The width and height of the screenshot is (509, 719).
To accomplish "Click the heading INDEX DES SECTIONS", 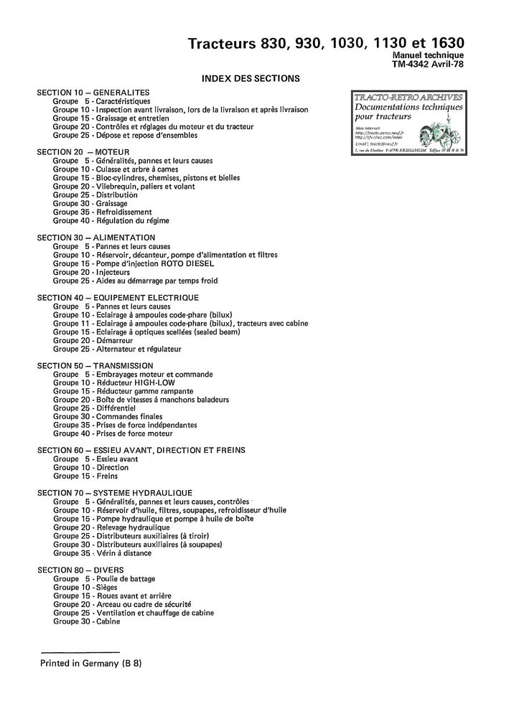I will point(251,78).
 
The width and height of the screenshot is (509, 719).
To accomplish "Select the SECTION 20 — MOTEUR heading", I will point(83,152).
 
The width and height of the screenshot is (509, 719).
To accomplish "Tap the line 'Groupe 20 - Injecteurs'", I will point(91,272).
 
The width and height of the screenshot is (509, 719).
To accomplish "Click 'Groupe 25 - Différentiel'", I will point(94,408).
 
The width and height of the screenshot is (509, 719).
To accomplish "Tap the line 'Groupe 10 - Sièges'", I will point(86,587).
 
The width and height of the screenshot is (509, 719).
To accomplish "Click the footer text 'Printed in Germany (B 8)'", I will point(91,663).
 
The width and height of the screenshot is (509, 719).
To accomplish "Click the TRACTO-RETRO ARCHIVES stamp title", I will point(408,97).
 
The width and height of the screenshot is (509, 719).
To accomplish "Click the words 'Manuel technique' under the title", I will point(429,55).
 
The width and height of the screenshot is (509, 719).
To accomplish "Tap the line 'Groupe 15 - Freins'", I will point(85,476).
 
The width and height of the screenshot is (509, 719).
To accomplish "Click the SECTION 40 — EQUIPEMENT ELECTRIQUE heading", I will point(118,298).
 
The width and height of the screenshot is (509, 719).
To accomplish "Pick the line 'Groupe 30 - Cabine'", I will point(86,621).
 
